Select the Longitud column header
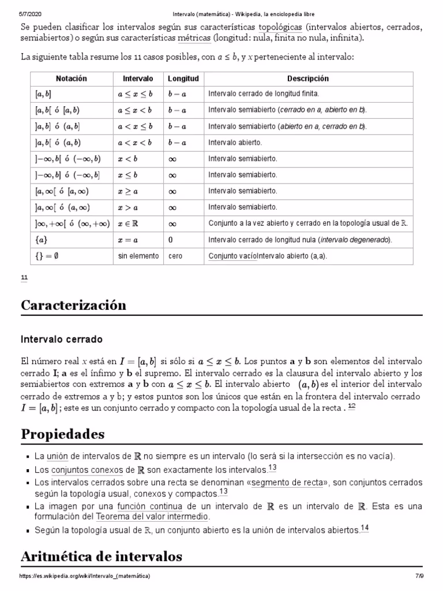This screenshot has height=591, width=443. (183, 78)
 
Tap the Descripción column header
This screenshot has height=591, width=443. (308, 78)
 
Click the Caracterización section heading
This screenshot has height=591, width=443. (73, 305)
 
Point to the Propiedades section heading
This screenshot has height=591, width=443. (63, 433)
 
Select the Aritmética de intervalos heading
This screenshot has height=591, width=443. (102, 556)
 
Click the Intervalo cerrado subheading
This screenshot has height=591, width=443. (62, 338)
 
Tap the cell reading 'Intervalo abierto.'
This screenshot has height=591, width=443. (235, 143)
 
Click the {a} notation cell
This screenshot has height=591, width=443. (40, 240)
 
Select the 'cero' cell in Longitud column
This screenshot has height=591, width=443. (175, 256)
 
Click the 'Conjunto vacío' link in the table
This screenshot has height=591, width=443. (232, 256)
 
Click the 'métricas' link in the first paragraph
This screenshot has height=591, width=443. (194, 38)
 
